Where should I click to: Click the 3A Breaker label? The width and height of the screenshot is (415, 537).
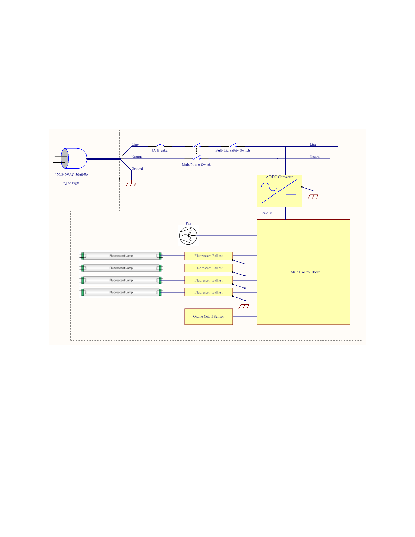160,150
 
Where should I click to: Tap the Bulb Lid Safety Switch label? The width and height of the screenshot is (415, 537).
233,150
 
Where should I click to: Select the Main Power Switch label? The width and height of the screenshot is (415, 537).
196,165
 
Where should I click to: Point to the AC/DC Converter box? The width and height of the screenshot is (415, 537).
279,191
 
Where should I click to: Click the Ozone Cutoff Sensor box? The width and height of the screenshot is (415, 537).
208,316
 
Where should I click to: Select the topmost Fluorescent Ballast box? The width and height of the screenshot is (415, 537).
208,256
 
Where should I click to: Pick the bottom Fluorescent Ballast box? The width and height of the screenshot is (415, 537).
208,292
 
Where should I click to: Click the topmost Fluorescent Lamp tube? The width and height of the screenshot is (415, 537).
121,256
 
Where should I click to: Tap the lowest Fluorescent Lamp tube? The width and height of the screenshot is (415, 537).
121,292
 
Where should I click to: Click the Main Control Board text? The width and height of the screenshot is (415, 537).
306,272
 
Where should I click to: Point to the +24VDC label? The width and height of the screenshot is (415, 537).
266,213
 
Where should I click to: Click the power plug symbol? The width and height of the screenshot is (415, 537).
69,159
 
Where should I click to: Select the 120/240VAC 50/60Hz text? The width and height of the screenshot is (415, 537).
71,175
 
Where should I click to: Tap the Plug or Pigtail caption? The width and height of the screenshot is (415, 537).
71,183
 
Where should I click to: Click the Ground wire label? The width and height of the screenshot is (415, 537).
137,169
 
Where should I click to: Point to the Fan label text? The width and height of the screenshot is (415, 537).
188,223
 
